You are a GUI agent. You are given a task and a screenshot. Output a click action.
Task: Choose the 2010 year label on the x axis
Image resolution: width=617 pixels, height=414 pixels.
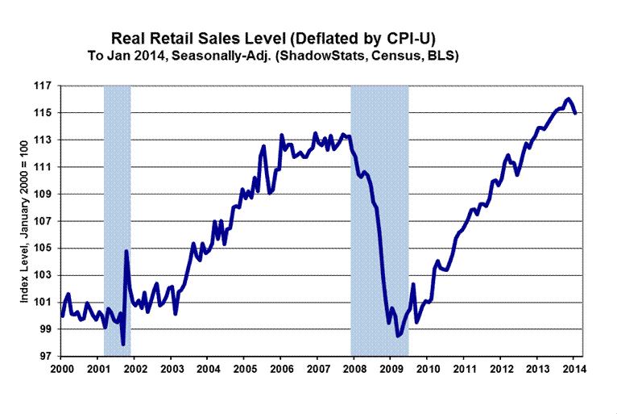(427, 370)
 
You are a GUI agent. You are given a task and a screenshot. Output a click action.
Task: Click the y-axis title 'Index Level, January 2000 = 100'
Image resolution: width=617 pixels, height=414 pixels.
(25, 221)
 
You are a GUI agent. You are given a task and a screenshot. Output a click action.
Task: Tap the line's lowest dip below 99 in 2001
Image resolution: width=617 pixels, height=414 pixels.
(123, 345)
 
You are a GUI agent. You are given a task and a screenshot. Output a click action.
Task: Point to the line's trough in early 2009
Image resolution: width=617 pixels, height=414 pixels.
(397, 336)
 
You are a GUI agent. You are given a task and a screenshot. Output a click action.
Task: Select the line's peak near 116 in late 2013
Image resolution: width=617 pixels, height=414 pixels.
(568, 98)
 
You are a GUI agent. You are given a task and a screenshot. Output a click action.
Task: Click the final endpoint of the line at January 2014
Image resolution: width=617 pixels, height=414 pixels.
(574, 114)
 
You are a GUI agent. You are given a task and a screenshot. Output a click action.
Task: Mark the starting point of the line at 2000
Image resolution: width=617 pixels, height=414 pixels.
(62, 316)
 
